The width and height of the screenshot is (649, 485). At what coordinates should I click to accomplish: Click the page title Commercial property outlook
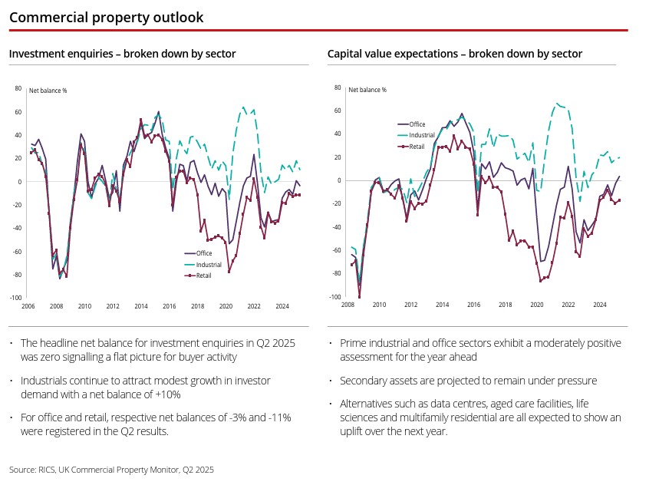pos(107,17)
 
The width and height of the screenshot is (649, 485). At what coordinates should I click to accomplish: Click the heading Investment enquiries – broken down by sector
pos(122,54)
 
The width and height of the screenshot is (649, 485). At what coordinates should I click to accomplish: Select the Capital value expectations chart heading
pos(454,54)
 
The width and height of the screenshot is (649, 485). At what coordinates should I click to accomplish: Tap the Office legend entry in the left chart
pos(204,253)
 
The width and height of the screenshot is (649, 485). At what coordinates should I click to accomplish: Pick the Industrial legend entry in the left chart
pos(209,264)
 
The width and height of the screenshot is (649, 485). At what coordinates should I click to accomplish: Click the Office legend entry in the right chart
pos(417,124)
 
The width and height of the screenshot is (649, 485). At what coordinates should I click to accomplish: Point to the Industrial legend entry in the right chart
pos(422,135)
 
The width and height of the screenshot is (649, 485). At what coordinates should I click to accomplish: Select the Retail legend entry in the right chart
pos(417,146)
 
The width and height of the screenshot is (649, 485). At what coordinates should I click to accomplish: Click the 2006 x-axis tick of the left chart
pos(28,306)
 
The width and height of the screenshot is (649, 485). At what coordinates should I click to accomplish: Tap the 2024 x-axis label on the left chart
pos(282,306)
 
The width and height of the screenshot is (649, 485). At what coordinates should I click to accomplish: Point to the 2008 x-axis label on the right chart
pos(347,305)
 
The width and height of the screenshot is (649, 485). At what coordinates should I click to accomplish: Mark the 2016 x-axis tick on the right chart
pos(473,305)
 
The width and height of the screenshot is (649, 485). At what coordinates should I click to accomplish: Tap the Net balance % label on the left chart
pos(48,91)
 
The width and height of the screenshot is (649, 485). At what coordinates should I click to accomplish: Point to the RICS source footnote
pos(111,468)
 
